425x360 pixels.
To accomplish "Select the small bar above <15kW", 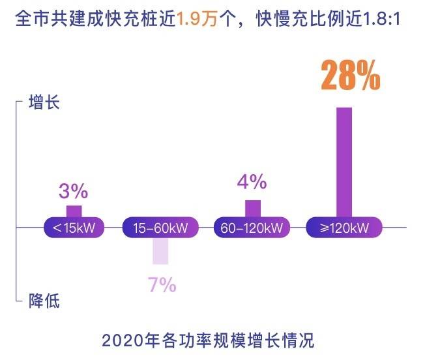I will click(74, 211).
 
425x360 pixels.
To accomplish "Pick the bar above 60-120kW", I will click(253, 208).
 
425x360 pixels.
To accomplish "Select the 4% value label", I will click(252, 181).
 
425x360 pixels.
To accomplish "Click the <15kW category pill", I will click(72, 228).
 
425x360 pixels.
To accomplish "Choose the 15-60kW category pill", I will click(160, 228).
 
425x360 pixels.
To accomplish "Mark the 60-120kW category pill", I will click(251, 228).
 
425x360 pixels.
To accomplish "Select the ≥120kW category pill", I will click(344, 228).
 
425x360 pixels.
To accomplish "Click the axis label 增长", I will click(44, 102).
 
